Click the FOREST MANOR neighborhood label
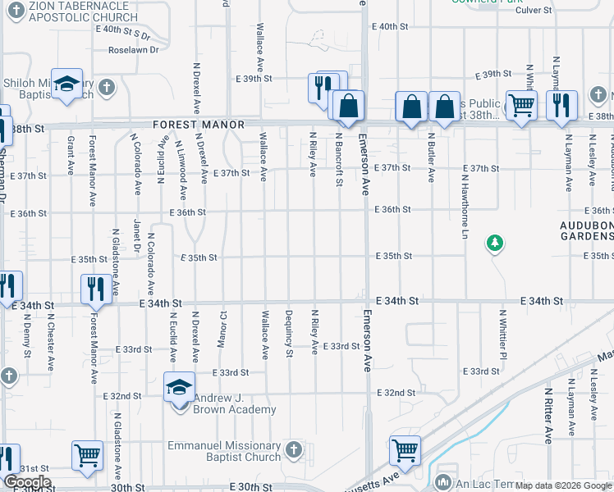[199, 125]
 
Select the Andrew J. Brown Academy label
[234, 403]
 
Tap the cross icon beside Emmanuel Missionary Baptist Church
[295, 450]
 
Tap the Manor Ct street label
[222, 326]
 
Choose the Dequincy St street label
[288, 333]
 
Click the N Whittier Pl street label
[502, 334]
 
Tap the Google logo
[27, 481]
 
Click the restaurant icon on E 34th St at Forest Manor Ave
[96, 288]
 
